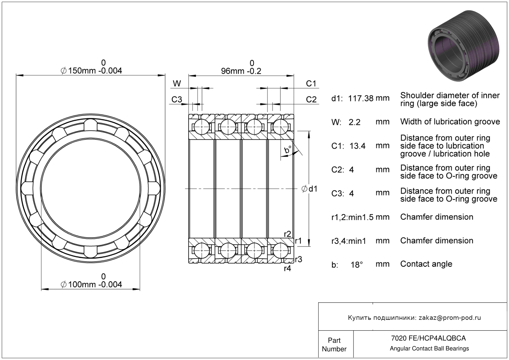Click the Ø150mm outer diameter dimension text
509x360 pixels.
91,71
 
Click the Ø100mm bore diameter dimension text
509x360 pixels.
91,284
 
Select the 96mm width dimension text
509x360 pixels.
241,71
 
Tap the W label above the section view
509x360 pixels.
177,83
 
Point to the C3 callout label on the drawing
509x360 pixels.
177,100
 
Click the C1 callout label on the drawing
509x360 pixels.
311,83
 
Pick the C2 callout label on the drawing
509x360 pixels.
311,100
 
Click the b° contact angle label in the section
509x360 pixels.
288,150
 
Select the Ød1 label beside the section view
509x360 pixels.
309,189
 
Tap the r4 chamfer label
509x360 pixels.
288,269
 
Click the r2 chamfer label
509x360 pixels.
288,234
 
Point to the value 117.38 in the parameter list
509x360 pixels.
361,98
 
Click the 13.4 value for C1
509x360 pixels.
357,146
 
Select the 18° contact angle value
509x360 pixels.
357,265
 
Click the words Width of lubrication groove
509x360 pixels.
450,122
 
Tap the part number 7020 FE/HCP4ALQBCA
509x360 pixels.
428,338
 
